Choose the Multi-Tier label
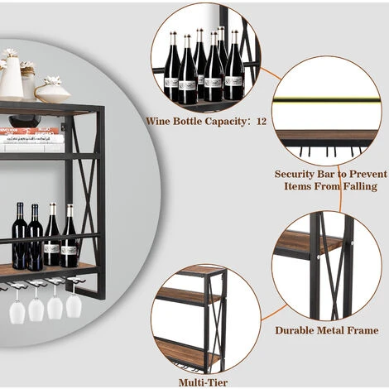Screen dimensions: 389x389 (x=199, y=382)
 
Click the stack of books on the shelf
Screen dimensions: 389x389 (x=32, y=139)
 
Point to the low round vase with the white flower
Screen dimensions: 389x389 (x=53, y=90)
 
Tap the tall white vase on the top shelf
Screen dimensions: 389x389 (x=11, y=79)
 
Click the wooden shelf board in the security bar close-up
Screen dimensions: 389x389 (x=326, y=135)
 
